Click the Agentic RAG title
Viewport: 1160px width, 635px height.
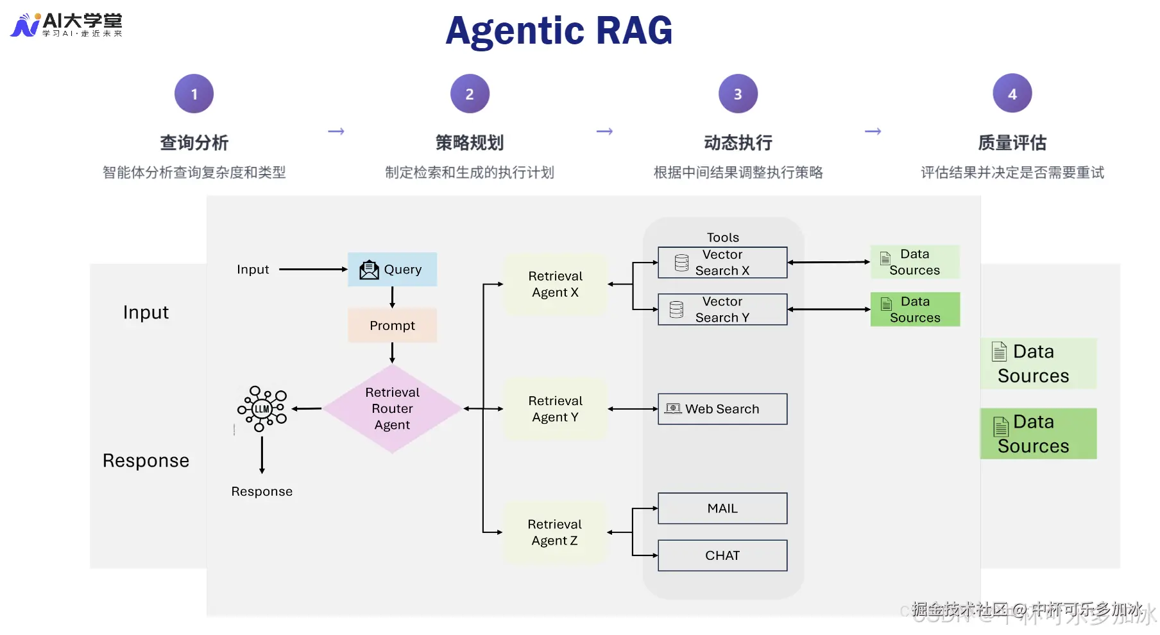558,31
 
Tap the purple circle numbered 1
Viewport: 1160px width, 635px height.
194,94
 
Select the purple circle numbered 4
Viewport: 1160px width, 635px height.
1012,94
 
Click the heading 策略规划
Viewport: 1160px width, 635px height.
469,143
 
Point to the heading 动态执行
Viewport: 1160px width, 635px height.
738,143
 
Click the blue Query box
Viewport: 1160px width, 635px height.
392,270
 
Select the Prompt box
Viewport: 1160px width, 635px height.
392,326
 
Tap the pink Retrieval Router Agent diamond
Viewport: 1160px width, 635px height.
392,409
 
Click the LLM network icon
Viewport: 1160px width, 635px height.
262,409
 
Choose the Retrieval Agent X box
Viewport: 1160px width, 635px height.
555,284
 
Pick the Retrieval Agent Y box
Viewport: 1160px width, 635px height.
555,409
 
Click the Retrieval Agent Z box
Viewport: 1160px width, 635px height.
555,532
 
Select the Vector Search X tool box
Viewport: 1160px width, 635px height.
722,263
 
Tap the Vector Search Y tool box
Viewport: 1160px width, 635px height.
722,309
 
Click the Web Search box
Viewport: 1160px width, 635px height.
722,409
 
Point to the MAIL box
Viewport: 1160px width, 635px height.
722,509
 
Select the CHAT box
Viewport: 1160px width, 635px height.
722,555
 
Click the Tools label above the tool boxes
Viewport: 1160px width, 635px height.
722,238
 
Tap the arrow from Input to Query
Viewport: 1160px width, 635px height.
312,270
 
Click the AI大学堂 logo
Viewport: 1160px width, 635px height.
67,25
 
